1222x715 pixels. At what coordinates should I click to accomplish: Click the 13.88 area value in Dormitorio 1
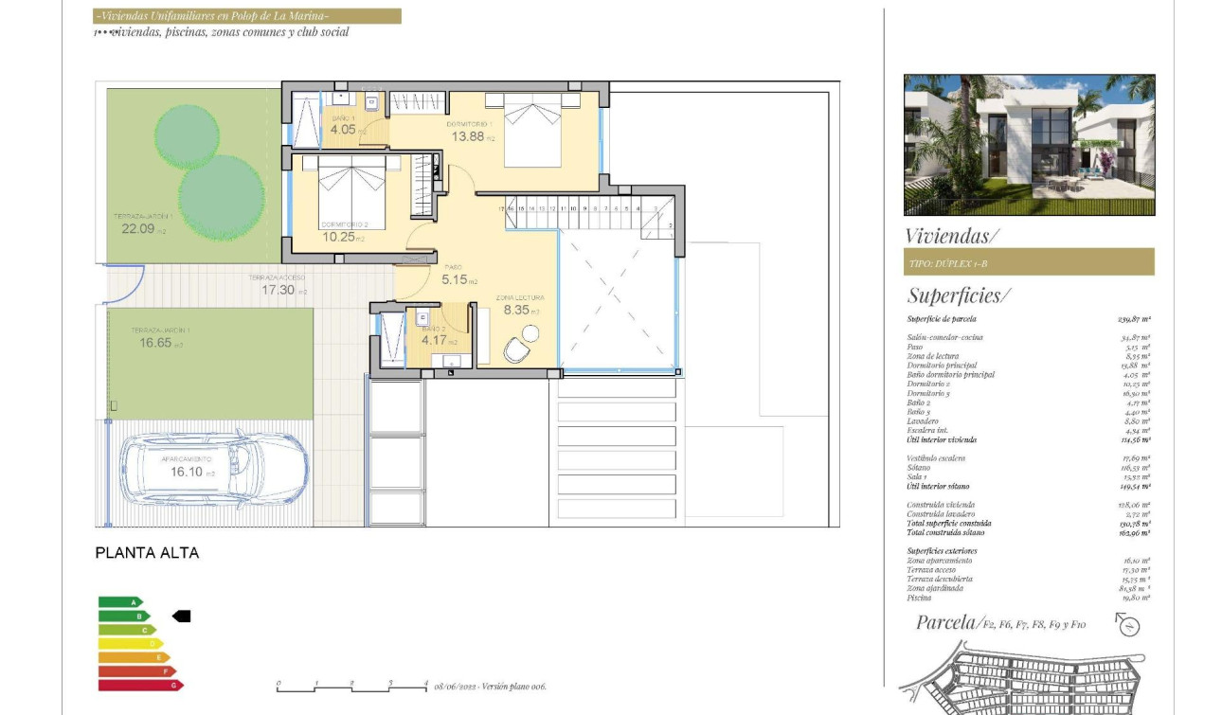point(469,136)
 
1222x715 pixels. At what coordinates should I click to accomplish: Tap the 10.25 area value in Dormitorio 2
point(339,237)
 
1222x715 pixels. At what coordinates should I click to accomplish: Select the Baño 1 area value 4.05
point(343,130)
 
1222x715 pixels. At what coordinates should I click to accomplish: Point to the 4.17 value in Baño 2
point(435,341)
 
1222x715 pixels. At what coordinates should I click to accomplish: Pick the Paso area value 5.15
point(456,280)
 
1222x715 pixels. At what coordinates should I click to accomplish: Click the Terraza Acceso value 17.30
point(279,290)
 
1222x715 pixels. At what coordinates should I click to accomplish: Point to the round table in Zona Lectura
point(530,332)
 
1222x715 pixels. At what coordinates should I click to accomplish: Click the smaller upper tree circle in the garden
point(188,136)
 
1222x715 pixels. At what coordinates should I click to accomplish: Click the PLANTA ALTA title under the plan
point(147,553)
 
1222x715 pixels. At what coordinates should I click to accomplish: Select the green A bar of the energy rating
point(121,602)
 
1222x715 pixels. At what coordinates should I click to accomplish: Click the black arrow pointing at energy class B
point(181,617)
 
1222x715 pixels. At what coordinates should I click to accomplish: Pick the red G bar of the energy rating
point(141,685)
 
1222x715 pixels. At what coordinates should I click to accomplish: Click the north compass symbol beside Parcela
point(1127,625)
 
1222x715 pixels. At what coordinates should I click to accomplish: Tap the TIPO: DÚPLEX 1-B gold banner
point(1029,262)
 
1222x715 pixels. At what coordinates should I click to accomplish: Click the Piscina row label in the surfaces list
point(919,598)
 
